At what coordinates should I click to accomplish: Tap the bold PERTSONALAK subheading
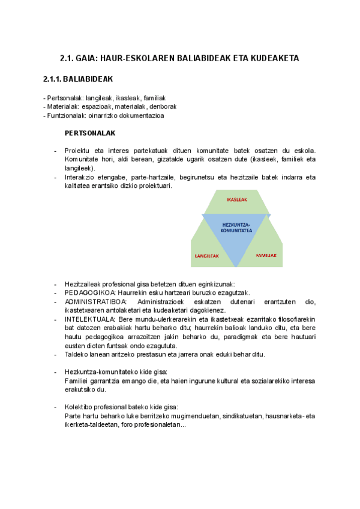coord(90,132)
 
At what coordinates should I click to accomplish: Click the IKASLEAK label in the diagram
coord(236,199)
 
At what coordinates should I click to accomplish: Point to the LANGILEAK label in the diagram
coord(207,256)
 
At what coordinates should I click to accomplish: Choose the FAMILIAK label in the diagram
coord(266,255)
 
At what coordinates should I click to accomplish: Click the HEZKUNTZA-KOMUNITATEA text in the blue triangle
coord(236,227)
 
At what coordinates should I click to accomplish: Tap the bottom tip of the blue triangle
coord(236,266)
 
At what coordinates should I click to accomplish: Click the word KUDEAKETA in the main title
coord(273,58)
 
